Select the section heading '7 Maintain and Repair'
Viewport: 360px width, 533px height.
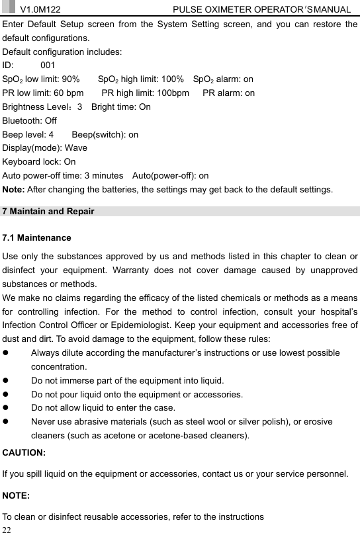coord(48,212)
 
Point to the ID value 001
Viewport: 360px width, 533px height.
coord(48,65)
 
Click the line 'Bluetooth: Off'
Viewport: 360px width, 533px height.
coord(30,120)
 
